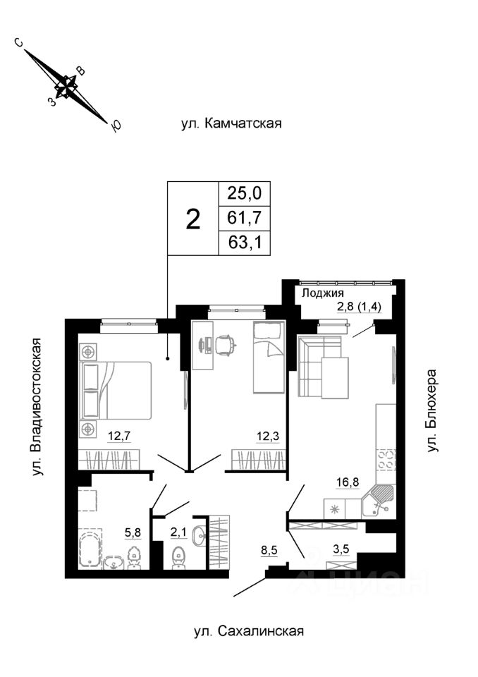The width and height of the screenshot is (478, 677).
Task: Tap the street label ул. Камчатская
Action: [x=231, y=124]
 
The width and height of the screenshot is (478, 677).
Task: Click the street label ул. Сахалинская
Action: [x=248, y=631]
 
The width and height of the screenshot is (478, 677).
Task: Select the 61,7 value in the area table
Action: [x=244, y=218]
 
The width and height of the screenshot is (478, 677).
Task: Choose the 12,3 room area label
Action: [x=267, y=434]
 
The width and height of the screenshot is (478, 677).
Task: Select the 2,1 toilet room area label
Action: [x=178, y=532]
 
